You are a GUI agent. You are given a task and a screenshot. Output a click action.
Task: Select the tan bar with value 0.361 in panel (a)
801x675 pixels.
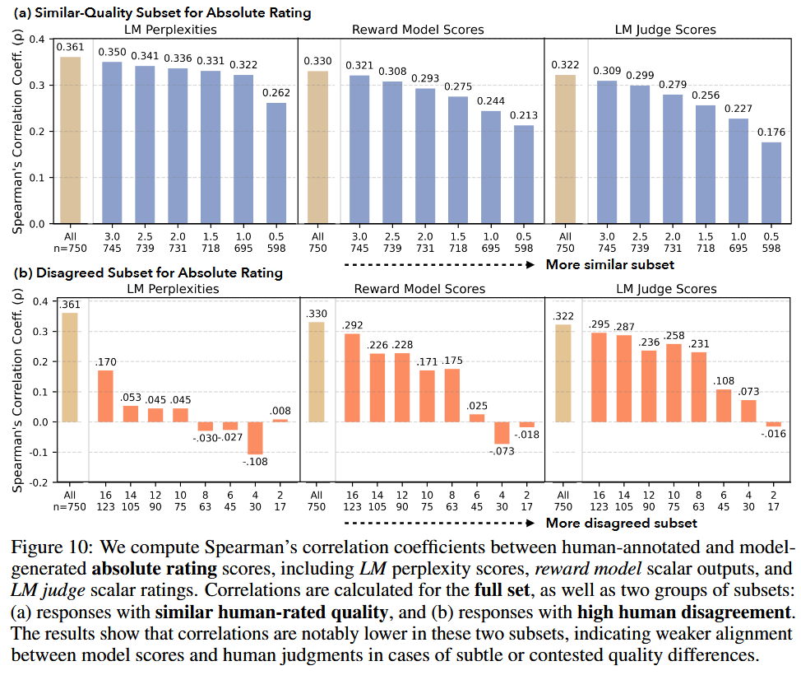click(71, 140)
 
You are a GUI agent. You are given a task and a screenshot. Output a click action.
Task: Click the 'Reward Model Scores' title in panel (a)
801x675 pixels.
click(418, 30)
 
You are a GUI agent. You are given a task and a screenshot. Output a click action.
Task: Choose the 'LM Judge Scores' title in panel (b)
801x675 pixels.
click(666, 289)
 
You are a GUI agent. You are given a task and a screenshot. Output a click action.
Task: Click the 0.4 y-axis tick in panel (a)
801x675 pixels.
click(38, 39)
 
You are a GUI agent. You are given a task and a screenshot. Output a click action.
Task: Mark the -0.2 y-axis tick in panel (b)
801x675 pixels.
click(36, 482)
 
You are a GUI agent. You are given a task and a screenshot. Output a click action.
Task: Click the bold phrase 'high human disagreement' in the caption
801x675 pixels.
click(674, 612)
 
